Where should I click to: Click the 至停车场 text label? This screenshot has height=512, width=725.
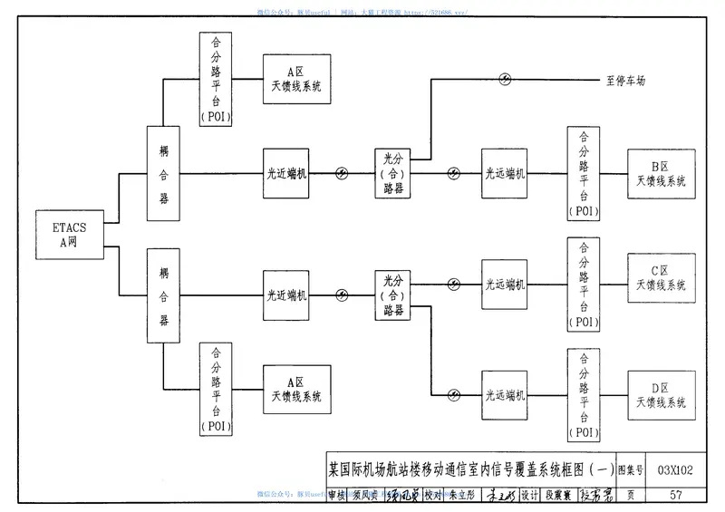[x=625, y=81]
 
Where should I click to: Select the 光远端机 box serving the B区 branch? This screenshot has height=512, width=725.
[x=505, y=173]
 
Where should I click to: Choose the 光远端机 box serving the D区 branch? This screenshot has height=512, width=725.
[x=505, y=394]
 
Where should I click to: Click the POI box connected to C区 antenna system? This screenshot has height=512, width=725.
[x=583, y=283]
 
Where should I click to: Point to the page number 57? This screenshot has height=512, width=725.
[x=675, y=494]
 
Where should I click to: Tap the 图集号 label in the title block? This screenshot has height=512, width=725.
[x=630, y=470]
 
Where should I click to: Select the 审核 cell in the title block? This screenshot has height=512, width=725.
[x=336, y=495]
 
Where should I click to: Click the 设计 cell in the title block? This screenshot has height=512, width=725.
[x=530, y=495]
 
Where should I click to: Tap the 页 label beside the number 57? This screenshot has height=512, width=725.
[x=630, y=495]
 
